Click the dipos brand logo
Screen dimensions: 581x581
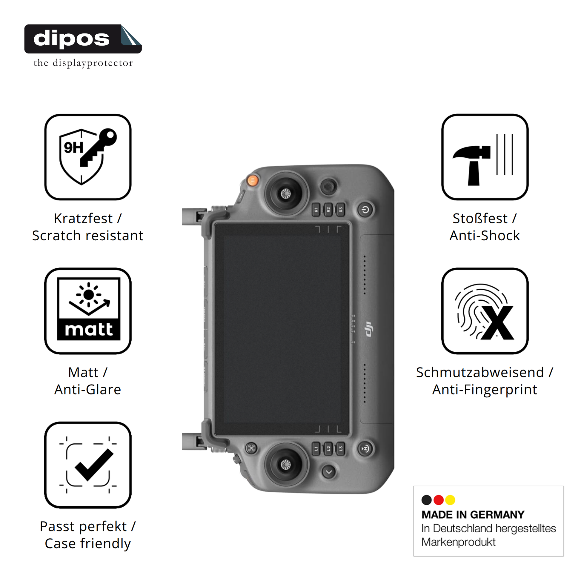[83, 39]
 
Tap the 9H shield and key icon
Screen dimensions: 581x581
[88, 157]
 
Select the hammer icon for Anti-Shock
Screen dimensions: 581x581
[485, 157]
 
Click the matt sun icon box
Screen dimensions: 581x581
[88, 311]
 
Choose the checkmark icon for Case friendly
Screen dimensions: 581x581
[88, 465]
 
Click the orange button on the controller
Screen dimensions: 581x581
[252, 181]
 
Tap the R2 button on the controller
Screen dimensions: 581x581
[328, 209]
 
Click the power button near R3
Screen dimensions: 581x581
[365, 210]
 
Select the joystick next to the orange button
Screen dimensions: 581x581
[286, 194]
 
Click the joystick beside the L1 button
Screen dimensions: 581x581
[286, 465]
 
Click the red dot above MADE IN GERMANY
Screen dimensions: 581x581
[439, 500]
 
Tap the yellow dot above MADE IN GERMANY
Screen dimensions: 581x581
[450, 500]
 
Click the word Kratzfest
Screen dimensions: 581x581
[83, 219]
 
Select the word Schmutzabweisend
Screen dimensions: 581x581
[480, 373]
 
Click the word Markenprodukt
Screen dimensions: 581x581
[458, 542]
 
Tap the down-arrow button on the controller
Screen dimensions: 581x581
[329, 472]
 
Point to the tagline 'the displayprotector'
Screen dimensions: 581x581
[83, 63]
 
